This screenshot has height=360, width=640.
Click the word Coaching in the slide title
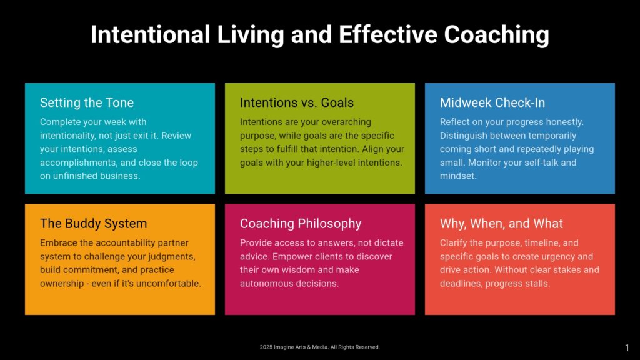[497, 36]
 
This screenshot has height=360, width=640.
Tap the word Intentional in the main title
[150, 34]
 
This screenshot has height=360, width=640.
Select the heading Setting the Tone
[87, 103]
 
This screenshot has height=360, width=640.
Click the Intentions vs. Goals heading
[297, 102]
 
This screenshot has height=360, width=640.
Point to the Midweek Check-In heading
[492, 102]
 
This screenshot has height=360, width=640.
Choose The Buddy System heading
[94, 224]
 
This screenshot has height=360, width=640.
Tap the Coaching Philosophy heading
[301, 224]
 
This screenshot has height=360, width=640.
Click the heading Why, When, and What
[501, 224]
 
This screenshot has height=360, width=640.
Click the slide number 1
[627, 347]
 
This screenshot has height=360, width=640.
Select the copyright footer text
[319, 347]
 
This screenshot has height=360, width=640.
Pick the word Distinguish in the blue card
[463, 136]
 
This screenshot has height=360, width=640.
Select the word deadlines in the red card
[461, 284]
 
